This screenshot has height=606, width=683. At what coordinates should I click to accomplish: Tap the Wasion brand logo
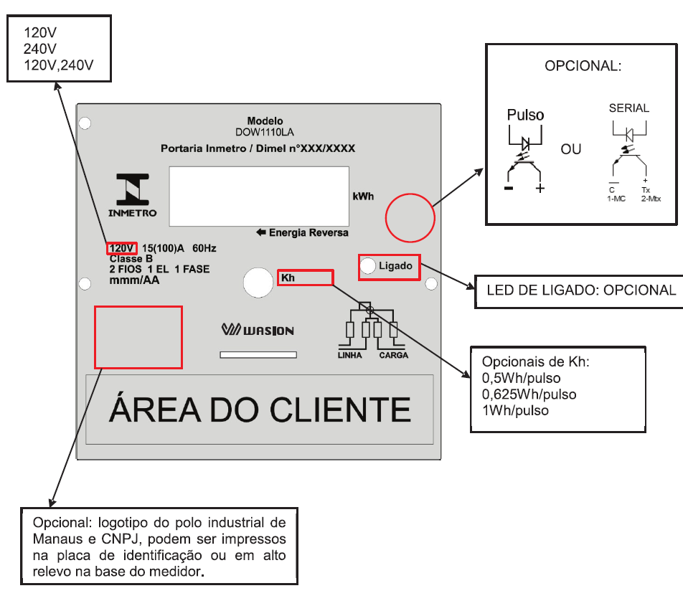click(258, 330)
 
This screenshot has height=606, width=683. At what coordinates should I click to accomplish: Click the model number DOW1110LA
click(265, 133)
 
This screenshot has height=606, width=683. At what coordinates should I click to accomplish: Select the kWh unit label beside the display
click(363, 197)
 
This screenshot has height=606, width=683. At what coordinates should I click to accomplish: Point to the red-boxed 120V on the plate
click(121, 248)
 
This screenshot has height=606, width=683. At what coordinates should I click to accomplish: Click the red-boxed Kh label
click(306, 278)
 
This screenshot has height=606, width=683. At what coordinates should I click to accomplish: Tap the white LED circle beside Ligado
click(368, 265)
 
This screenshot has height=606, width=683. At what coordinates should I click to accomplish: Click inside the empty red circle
click(410, 218)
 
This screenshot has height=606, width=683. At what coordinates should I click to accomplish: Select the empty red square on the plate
click(138, 337)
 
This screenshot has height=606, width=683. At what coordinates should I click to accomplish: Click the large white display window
click(259, 197)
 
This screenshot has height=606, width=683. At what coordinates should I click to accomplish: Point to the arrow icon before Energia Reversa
click(261, 232)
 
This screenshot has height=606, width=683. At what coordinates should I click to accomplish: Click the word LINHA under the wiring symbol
click(350, 355)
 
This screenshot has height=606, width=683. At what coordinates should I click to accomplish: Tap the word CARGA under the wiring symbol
click(394, 355)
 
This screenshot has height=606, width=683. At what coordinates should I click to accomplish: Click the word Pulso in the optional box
click(525, 115)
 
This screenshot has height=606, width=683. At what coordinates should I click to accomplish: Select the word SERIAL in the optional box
click(629, 108)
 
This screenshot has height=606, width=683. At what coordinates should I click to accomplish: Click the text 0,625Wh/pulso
click(529, 394)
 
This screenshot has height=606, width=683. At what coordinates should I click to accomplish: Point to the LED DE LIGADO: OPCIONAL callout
click(581, 290)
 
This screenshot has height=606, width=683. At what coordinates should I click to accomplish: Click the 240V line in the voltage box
click(40, 49)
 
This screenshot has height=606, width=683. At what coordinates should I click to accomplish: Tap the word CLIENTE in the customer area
click(340, 409)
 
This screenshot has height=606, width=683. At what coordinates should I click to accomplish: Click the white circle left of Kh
click(258, 283)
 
